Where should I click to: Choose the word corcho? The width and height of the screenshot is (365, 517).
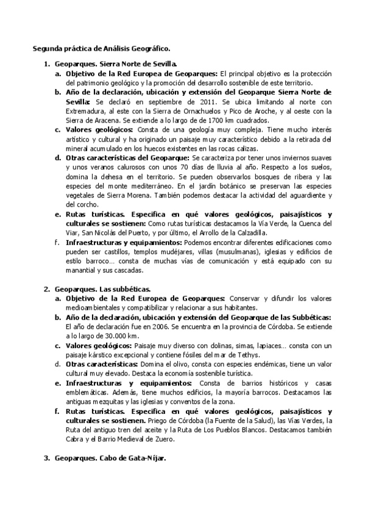coord(87,204)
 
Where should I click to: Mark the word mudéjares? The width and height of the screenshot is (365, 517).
coord(171,251)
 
